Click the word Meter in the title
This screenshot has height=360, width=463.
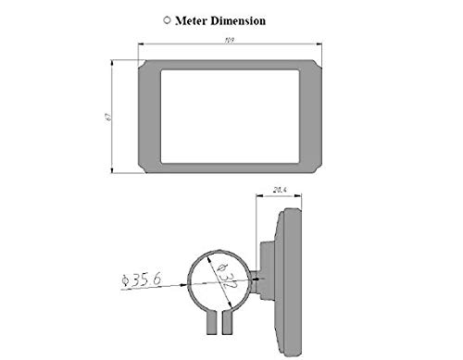point(192,20)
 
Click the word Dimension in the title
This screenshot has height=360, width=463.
point(238,20)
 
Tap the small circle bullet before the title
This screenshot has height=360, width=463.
point(167,20)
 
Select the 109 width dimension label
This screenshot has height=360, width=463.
point(230,41)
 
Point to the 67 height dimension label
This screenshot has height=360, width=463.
point(108,117)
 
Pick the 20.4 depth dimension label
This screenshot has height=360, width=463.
point(280,190)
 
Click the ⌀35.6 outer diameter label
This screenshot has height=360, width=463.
point(142,279)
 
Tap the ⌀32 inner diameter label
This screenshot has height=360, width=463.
point(227,277)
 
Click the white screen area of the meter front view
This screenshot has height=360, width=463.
point(230,117)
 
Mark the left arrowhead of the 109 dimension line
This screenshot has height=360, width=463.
point(142,44)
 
